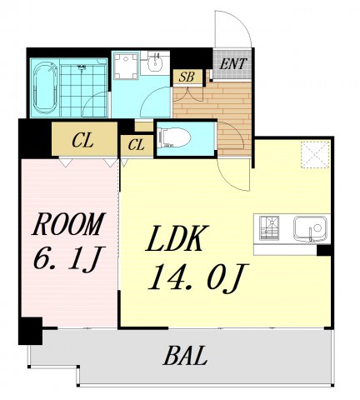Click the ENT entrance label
pyautogui.click(x=232, y=64)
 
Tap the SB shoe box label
pyautogui.click(x=187, y=77)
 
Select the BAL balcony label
pyautogui.click(x=185, y=355)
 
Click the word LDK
pyautogui.click(x=177, y=238)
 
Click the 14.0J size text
pyautogui.click(x=198, y=277)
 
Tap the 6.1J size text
pyautogui.click(x=69, y=257)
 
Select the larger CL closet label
pyautogui.click(x=82, y=141)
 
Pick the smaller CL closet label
pyautogui.click(x=137, y=145)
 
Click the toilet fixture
pyautogui.click(x=174, y=137)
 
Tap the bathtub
pyautogui.click(x=45, y=87)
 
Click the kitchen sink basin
pyautogui.click(x=310, y=229)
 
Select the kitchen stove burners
pyautogui.click(x=269, y=228)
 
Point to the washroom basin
pyautogui.click(x=154, y=63)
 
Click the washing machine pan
pyautogui.click(x=126, y=66)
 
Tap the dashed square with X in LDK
pyautogui.click(x=315, y=155)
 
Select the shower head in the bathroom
pyautogui.click(x=82, y=67)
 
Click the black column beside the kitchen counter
pyautogui.click(x=324, y=250)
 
